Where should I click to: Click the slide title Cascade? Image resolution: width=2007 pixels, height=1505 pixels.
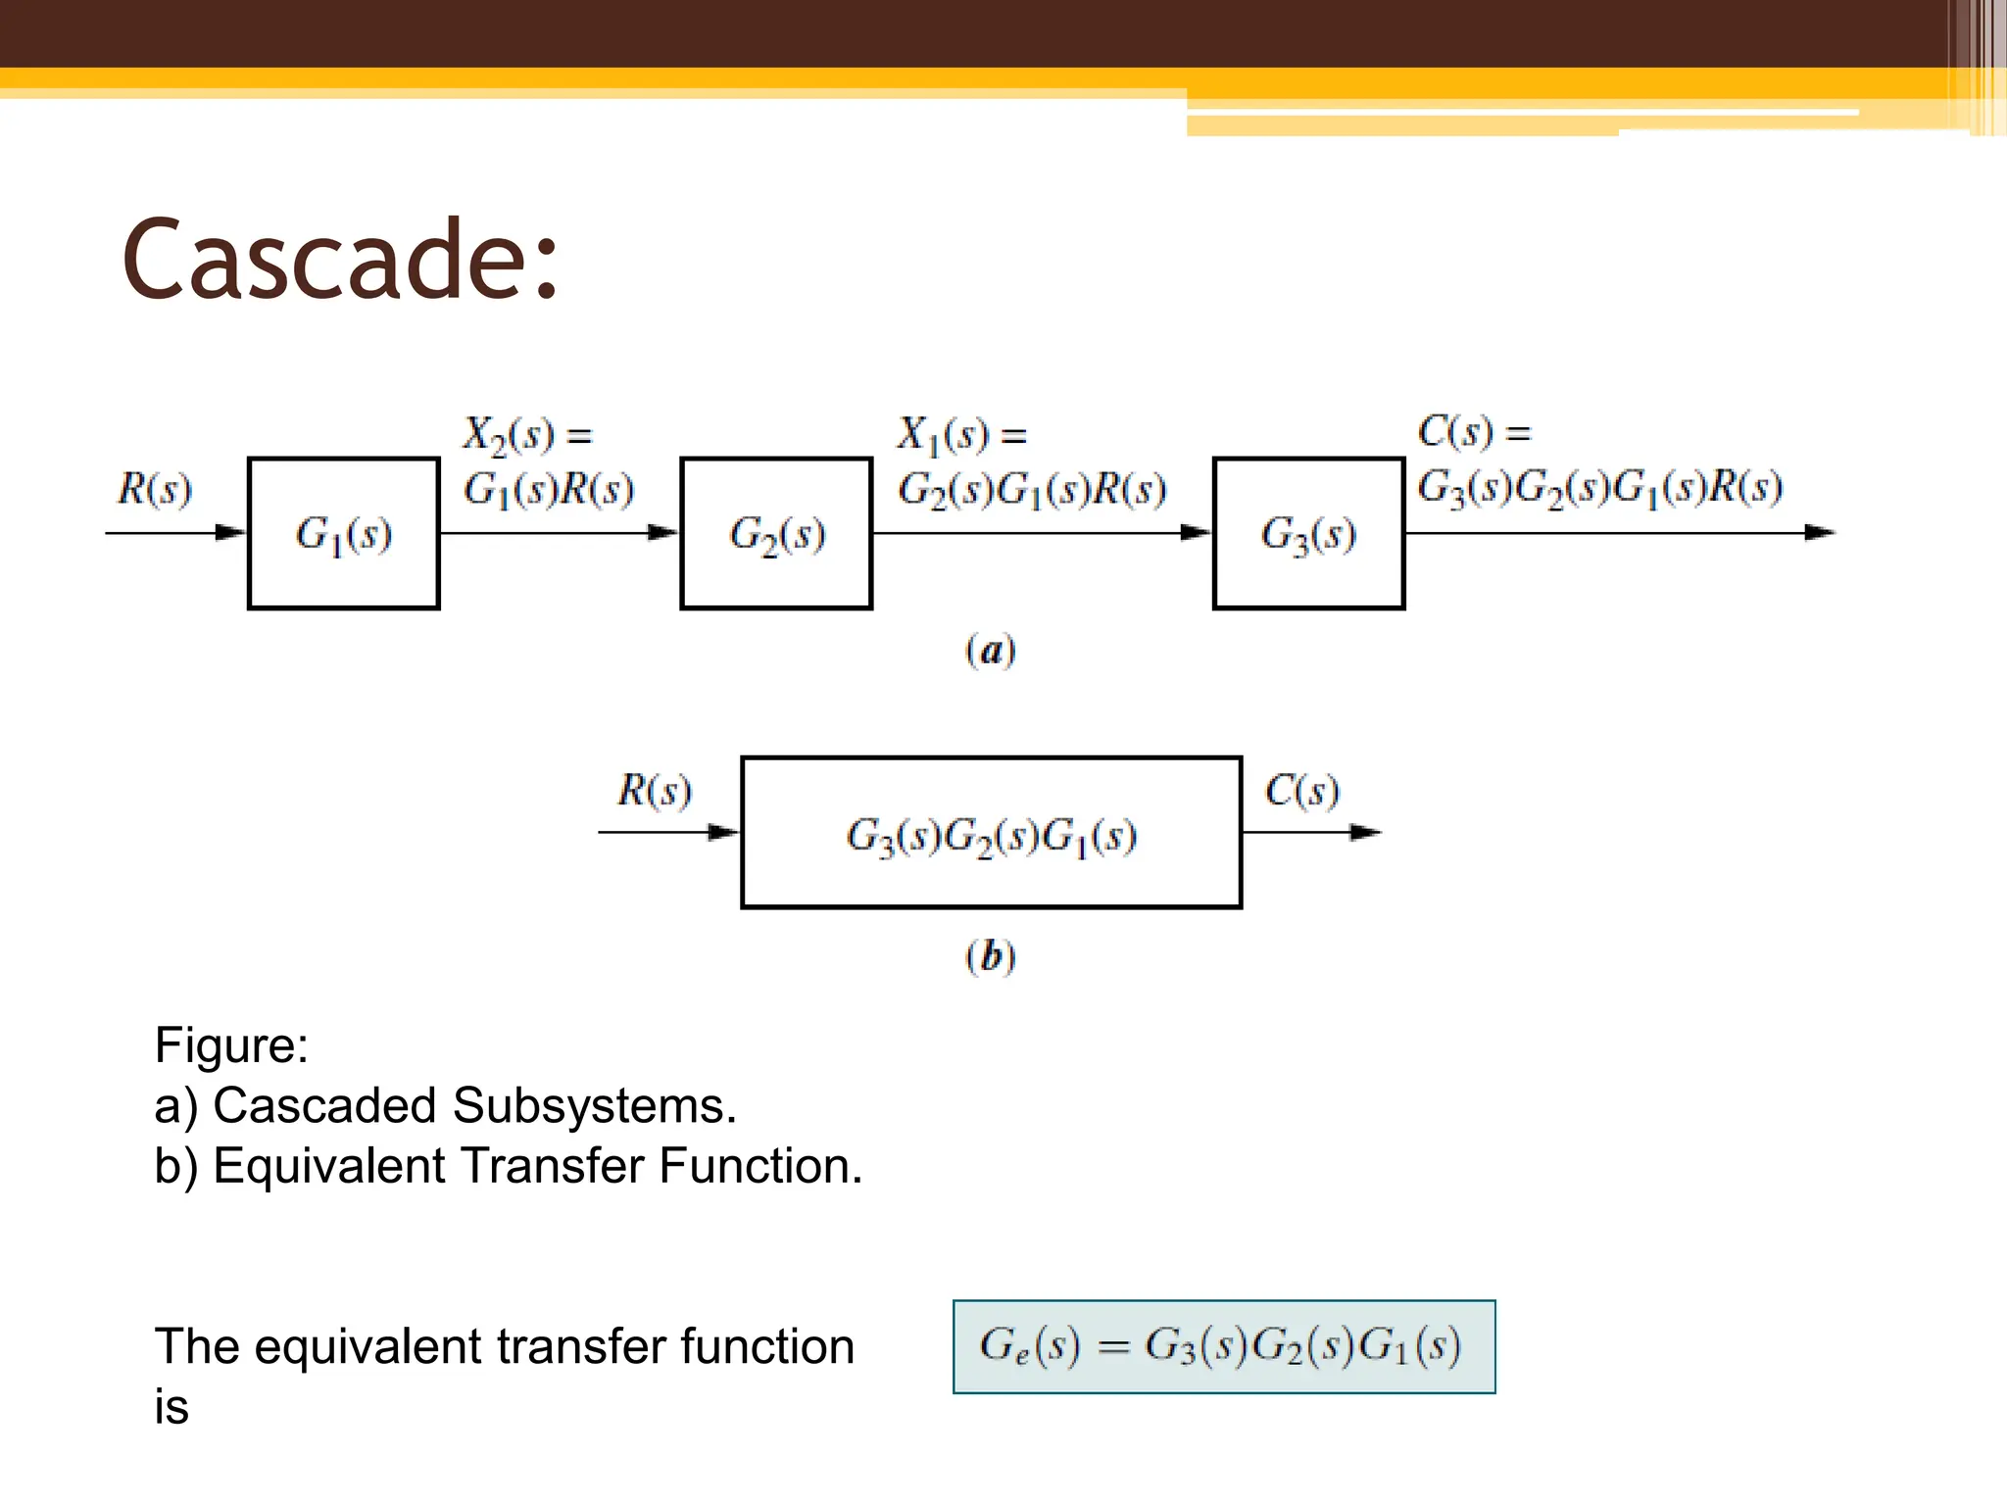coord(340,260)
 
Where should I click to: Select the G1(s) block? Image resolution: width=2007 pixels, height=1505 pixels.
coord(343,534)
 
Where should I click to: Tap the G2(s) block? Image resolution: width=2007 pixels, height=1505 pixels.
coord(776,534)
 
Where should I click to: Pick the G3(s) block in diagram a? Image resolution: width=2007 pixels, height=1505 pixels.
coord(1308,534)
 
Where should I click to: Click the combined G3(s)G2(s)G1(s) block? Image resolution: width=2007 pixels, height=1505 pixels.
coord(991,834)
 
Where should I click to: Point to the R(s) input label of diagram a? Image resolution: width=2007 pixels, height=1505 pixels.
coord(155,489)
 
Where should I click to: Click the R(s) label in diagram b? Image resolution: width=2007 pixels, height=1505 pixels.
coord(654,790)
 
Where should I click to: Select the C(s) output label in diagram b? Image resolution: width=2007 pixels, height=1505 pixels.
coord(1301,790)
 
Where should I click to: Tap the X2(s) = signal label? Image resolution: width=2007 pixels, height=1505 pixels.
coord(527,434)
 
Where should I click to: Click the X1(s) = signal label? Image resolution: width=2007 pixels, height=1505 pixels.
coord(961,434)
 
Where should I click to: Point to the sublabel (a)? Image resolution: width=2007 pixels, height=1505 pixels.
coord(991,651)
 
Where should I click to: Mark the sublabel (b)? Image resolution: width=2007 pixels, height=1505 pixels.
coord(991,956)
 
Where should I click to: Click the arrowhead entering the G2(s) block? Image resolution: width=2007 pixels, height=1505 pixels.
coord(662,533)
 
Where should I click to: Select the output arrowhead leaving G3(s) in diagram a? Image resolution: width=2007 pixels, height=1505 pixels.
coord(1819,533)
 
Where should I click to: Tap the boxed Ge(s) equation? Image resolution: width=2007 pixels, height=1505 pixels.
coord(1223,1346)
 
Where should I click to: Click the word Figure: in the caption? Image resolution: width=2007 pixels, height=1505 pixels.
coord(231,1045)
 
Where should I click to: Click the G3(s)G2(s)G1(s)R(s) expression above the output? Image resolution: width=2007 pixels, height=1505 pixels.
coord(1599,488)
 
